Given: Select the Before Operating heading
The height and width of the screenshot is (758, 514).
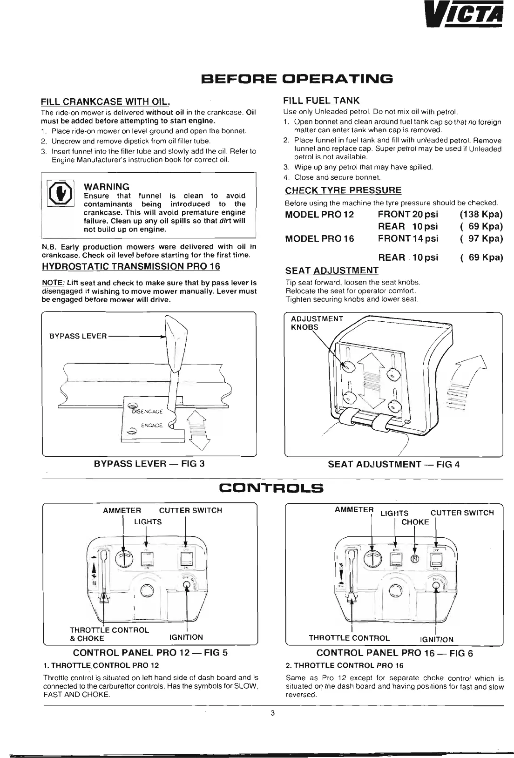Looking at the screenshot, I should point(297,78).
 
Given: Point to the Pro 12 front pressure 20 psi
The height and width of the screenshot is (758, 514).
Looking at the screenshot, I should point(408,214).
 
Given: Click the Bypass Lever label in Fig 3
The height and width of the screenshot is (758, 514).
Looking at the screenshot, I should point(78,336).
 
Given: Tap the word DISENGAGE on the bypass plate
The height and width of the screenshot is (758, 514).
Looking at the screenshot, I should point(148,412).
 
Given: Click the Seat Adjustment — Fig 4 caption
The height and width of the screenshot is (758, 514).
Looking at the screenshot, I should point(393,464).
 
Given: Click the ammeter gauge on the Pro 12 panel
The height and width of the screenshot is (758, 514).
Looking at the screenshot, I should point(123,557).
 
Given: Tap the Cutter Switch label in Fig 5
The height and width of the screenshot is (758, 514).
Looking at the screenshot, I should point(190,510).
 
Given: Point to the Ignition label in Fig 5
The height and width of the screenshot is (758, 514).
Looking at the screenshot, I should point(186,637).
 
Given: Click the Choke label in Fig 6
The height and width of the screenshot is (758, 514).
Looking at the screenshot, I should point(415,522).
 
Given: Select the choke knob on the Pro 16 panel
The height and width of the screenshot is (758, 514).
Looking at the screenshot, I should point(414,559).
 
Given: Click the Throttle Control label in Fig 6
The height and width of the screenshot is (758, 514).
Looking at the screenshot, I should point(349,638).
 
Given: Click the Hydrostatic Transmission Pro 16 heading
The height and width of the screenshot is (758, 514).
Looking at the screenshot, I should point(131,266).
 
